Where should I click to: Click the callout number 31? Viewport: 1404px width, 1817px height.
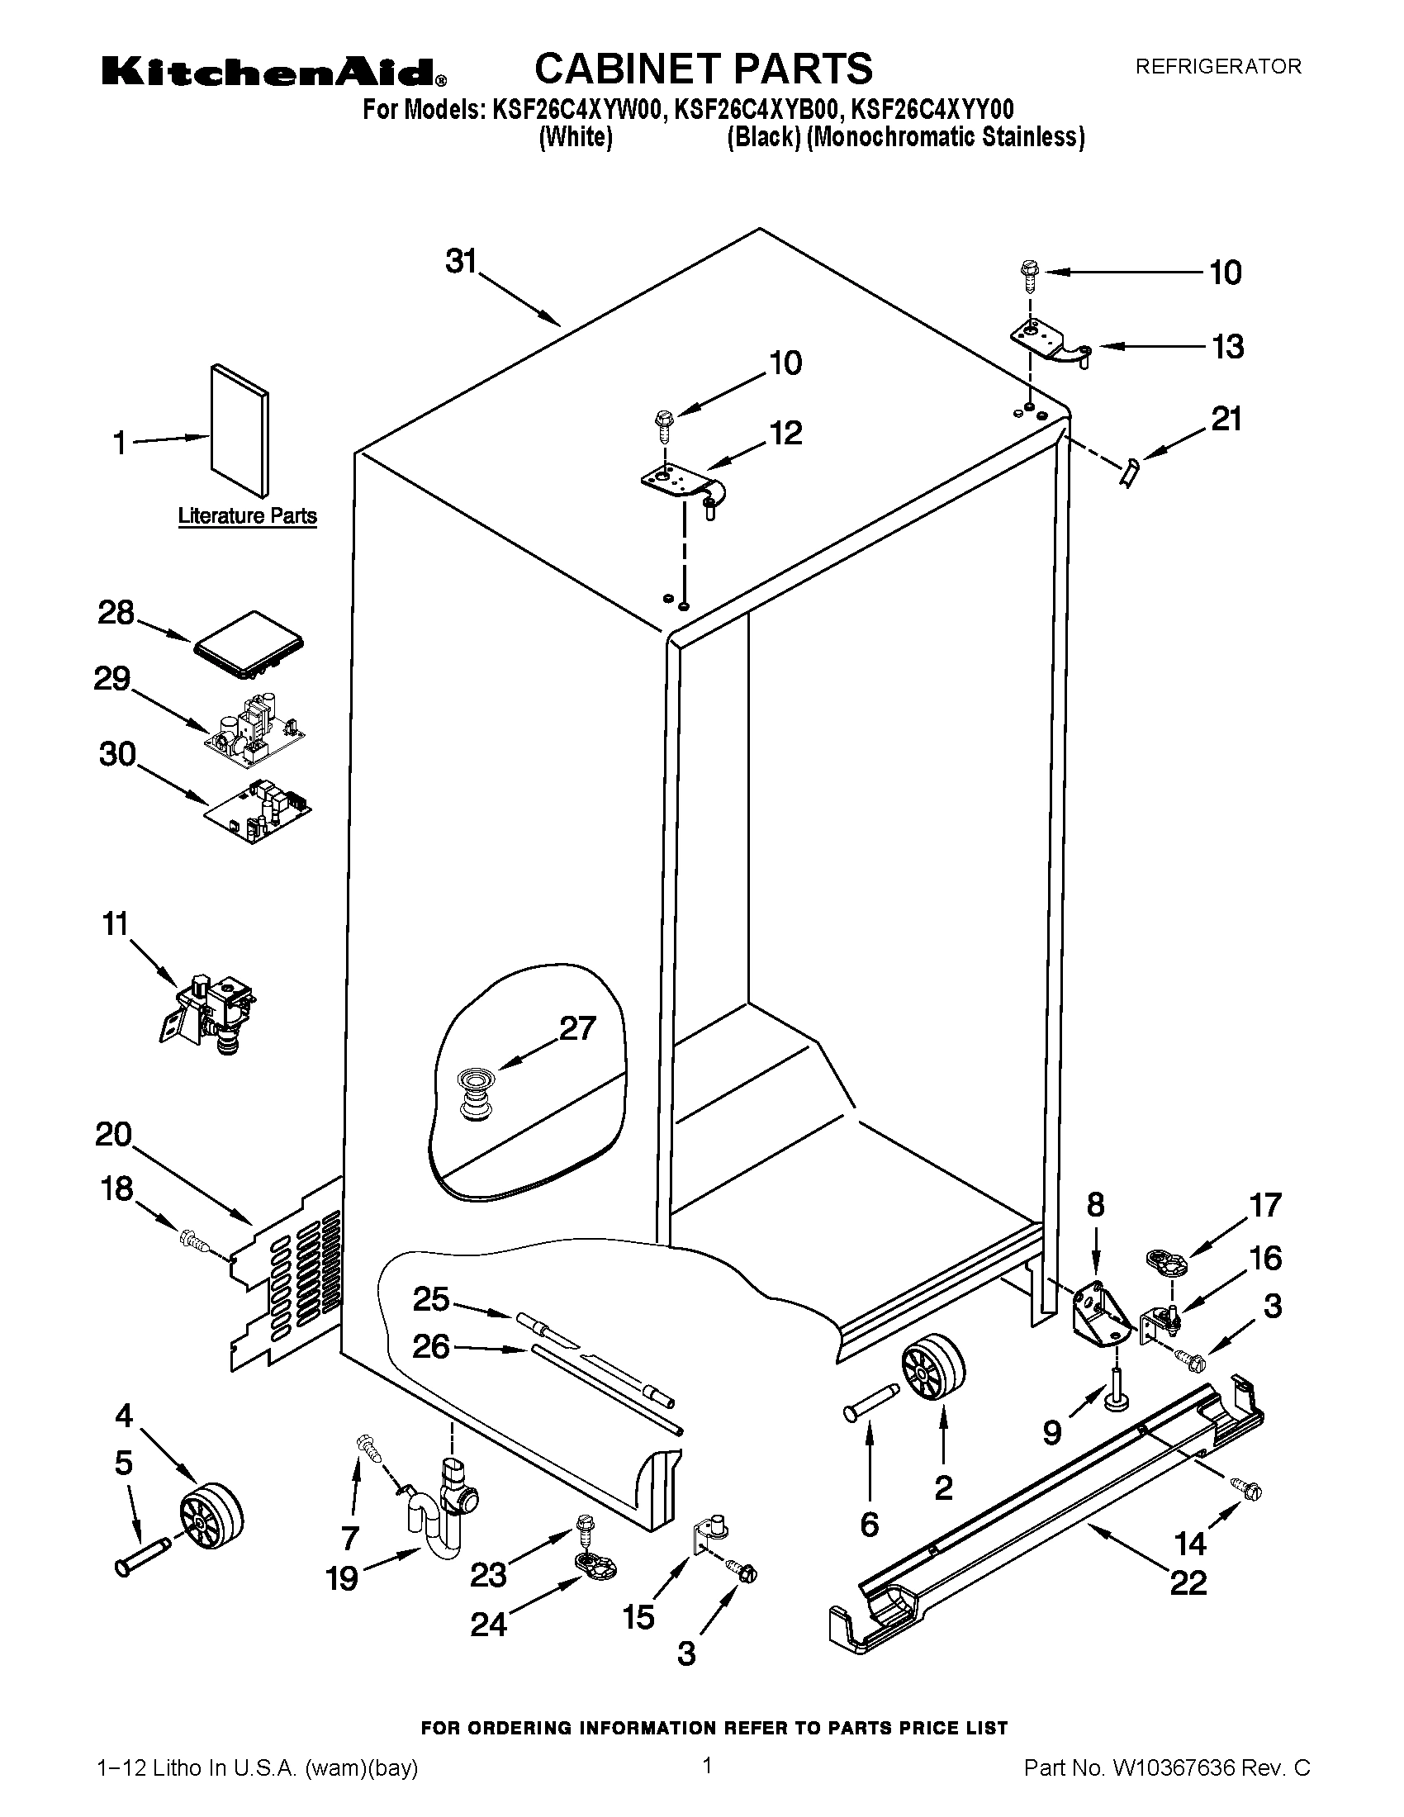pyautogui.click(x=460, y=261)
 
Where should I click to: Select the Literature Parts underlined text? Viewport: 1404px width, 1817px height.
pyautogui.click(x=247, y=516)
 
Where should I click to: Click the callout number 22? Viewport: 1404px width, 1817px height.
pyautogui.click(x=1187, y=1582)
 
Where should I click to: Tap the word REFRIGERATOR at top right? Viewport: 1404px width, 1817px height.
pyautogui.click(x=1217, y=67)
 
